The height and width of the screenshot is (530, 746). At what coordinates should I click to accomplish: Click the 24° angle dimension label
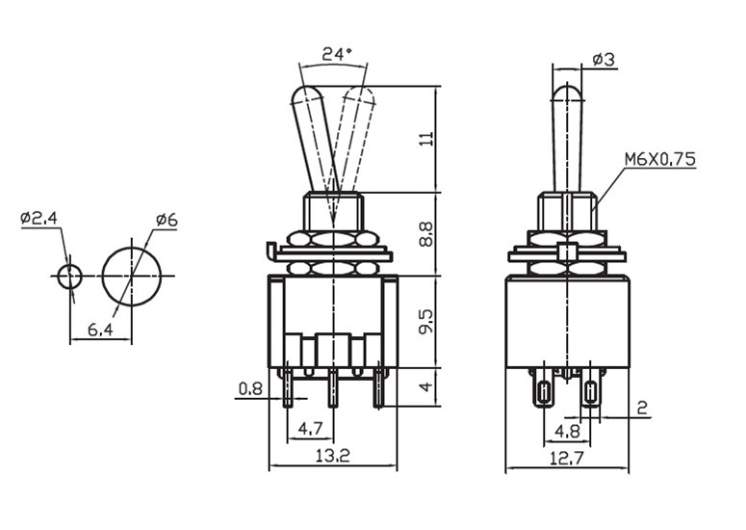(336, 55)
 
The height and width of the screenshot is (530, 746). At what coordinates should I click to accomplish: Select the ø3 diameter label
(604, 60)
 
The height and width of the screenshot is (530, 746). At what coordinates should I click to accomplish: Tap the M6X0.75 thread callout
(659, 159)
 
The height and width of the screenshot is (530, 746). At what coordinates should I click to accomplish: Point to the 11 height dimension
(426, 139)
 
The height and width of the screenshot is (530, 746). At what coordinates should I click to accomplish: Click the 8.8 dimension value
(426, 234)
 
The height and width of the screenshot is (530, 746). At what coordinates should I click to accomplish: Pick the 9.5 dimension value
(426, 321)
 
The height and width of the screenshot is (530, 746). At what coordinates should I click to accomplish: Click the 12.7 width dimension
(567, 459)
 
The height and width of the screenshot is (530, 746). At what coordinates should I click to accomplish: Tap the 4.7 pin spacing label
(310, 427)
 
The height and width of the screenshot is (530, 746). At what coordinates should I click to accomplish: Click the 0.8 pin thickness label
(250, 389)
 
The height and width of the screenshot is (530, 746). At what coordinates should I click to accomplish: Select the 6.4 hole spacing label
(101, 331)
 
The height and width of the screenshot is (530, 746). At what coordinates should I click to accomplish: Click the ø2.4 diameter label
(39, 219)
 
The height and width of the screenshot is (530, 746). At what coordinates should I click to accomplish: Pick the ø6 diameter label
(166, 221)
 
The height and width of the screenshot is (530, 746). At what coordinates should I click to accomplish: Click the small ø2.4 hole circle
(69, 276)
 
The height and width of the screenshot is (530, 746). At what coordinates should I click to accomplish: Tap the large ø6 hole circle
(132, 276)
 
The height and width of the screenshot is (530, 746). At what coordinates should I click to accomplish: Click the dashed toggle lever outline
(352, 135)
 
